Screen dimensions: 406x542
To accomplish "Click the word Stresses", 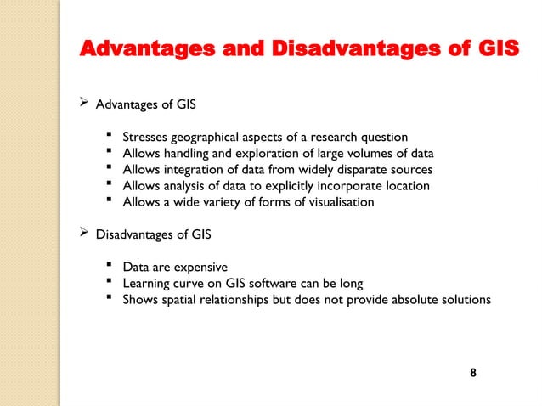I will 146,137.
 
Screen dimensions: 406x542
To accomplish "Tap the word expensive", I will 198,267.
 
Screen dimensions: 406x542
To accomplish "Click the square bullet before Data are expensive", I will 110,266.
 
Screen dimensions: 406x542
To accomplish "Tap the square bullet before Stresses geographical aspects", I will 110,136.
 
